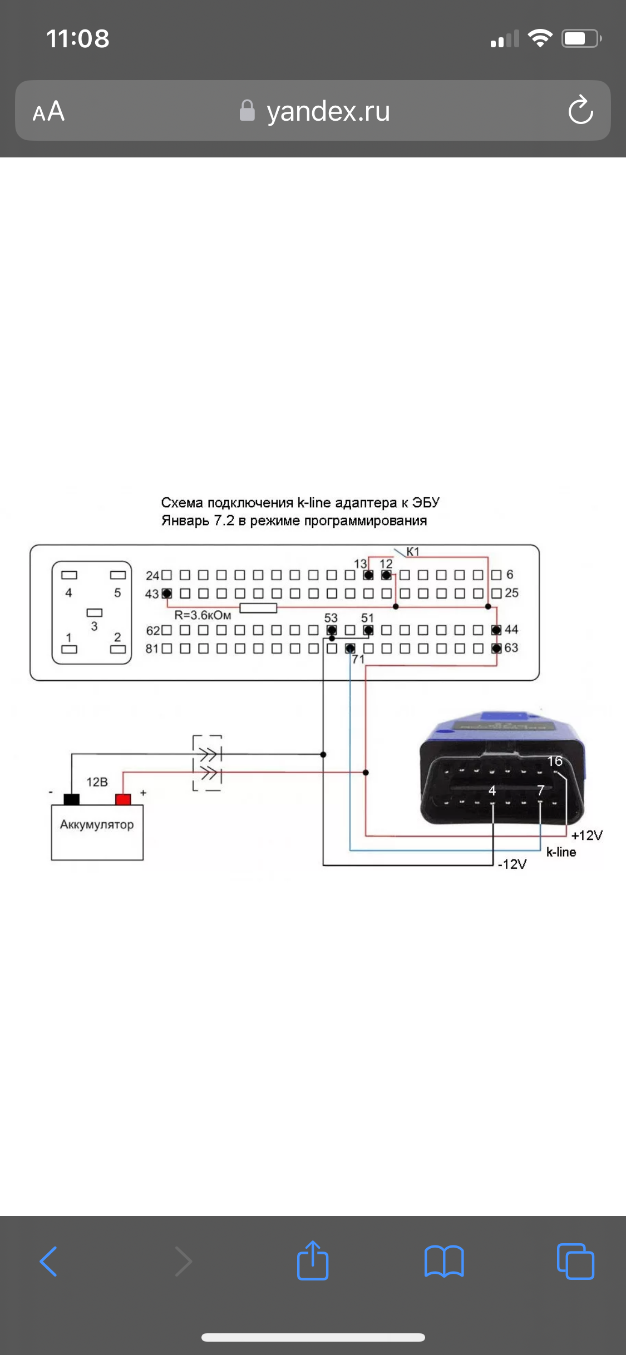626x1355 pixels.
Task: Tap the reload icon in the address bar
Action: click(580, 110)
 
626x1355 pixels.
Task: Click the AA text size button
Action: click(49, 111)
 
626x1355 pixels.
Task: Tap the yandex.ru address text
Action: click(328, 111)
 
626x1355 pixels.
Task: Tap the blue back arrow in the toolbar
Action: click(49, 1260)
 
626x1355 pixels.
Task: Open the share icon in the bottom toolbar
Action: click(313, 1260)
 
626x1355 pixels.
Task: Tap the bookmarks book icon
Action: click(444, 1260)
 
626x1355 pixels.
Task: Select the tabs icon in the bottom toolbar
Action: click(575, 1260)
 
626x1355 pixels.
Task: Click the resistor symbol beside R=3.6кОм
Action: click(258, 607)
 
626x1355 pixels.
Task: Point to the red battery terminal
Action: click(123, 799)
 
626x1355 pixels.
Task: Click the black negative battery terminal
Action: click(72, 799)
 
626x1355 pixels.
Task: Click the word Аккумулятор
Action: click(97, 824)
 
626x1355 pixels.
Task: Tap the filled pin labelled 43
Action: click(166, 594)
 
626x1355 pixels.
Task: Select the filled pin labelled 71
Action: click(350, 649)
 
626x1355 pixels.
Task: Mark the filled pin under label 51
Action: click(368, 630)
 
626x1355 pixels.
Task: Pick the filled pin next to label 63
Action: click(496, 649)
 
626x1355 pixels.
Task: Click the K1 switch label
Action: click(412, 552)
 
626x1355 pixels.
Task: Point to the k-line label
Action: click(561, 852)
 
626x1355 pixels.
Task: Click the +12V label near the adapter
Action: click(586, 835)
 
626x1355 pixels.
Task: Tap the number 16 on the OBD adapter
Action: click(555, 761)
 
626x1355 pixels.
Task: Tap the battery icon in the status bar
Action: click(581, 38)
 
